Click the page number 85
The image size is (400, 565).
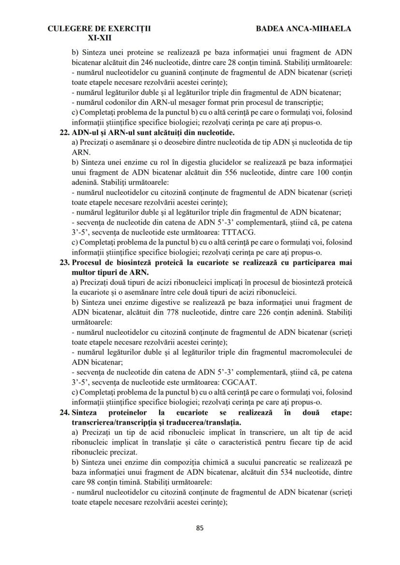tap(200, 527)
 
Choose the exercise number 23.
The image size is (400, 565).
tap(64, 262)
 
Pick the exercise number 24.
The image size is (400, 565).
tap(64, 413)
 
